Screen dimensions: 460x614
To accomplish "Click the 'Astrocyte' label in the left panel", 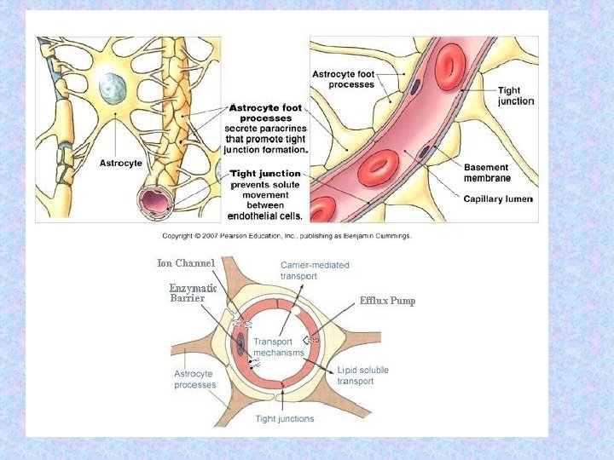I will coord(121,163).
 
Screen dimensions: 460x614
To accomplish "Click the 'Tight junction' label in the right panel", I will coord(516,95).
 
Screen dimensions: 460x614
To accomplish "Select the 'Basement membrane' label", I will coord(487,173).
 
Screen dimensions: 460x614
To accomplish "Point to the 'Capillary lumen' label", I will coord(498,198).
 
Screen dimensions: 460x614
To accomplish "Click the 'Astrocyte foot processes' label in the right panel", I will coord(343,79).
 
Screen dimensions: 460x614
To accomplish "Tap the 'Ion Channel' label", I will coord(186,263).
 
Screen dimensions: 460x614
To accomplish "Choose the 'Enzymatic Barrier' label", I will coord(193,294).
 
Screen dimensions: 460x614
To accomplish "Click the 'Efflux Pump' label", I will coord(387,301).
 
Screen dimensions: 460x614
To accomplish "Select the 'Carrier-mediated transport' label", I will coord(315,271).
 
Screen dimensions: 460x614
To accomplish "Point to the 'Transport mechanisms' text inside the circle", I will coord(279,347).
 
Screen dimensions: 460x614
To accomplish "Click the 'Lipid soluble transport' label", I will coord(362,376).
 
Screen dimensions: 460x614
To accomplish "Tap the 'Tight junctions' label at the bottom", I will coord(285,418).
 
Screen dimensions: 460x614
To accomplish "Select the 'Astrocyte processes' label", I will coord(195,379).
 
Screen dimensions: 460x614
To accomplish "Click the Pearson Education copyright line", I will coord(287,236).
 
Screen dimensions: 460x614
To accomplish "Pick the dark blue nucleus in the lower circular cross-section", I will coord(240,343).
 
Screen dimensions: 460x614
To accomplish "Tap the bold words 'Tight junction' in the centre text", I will coord(266,174).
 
